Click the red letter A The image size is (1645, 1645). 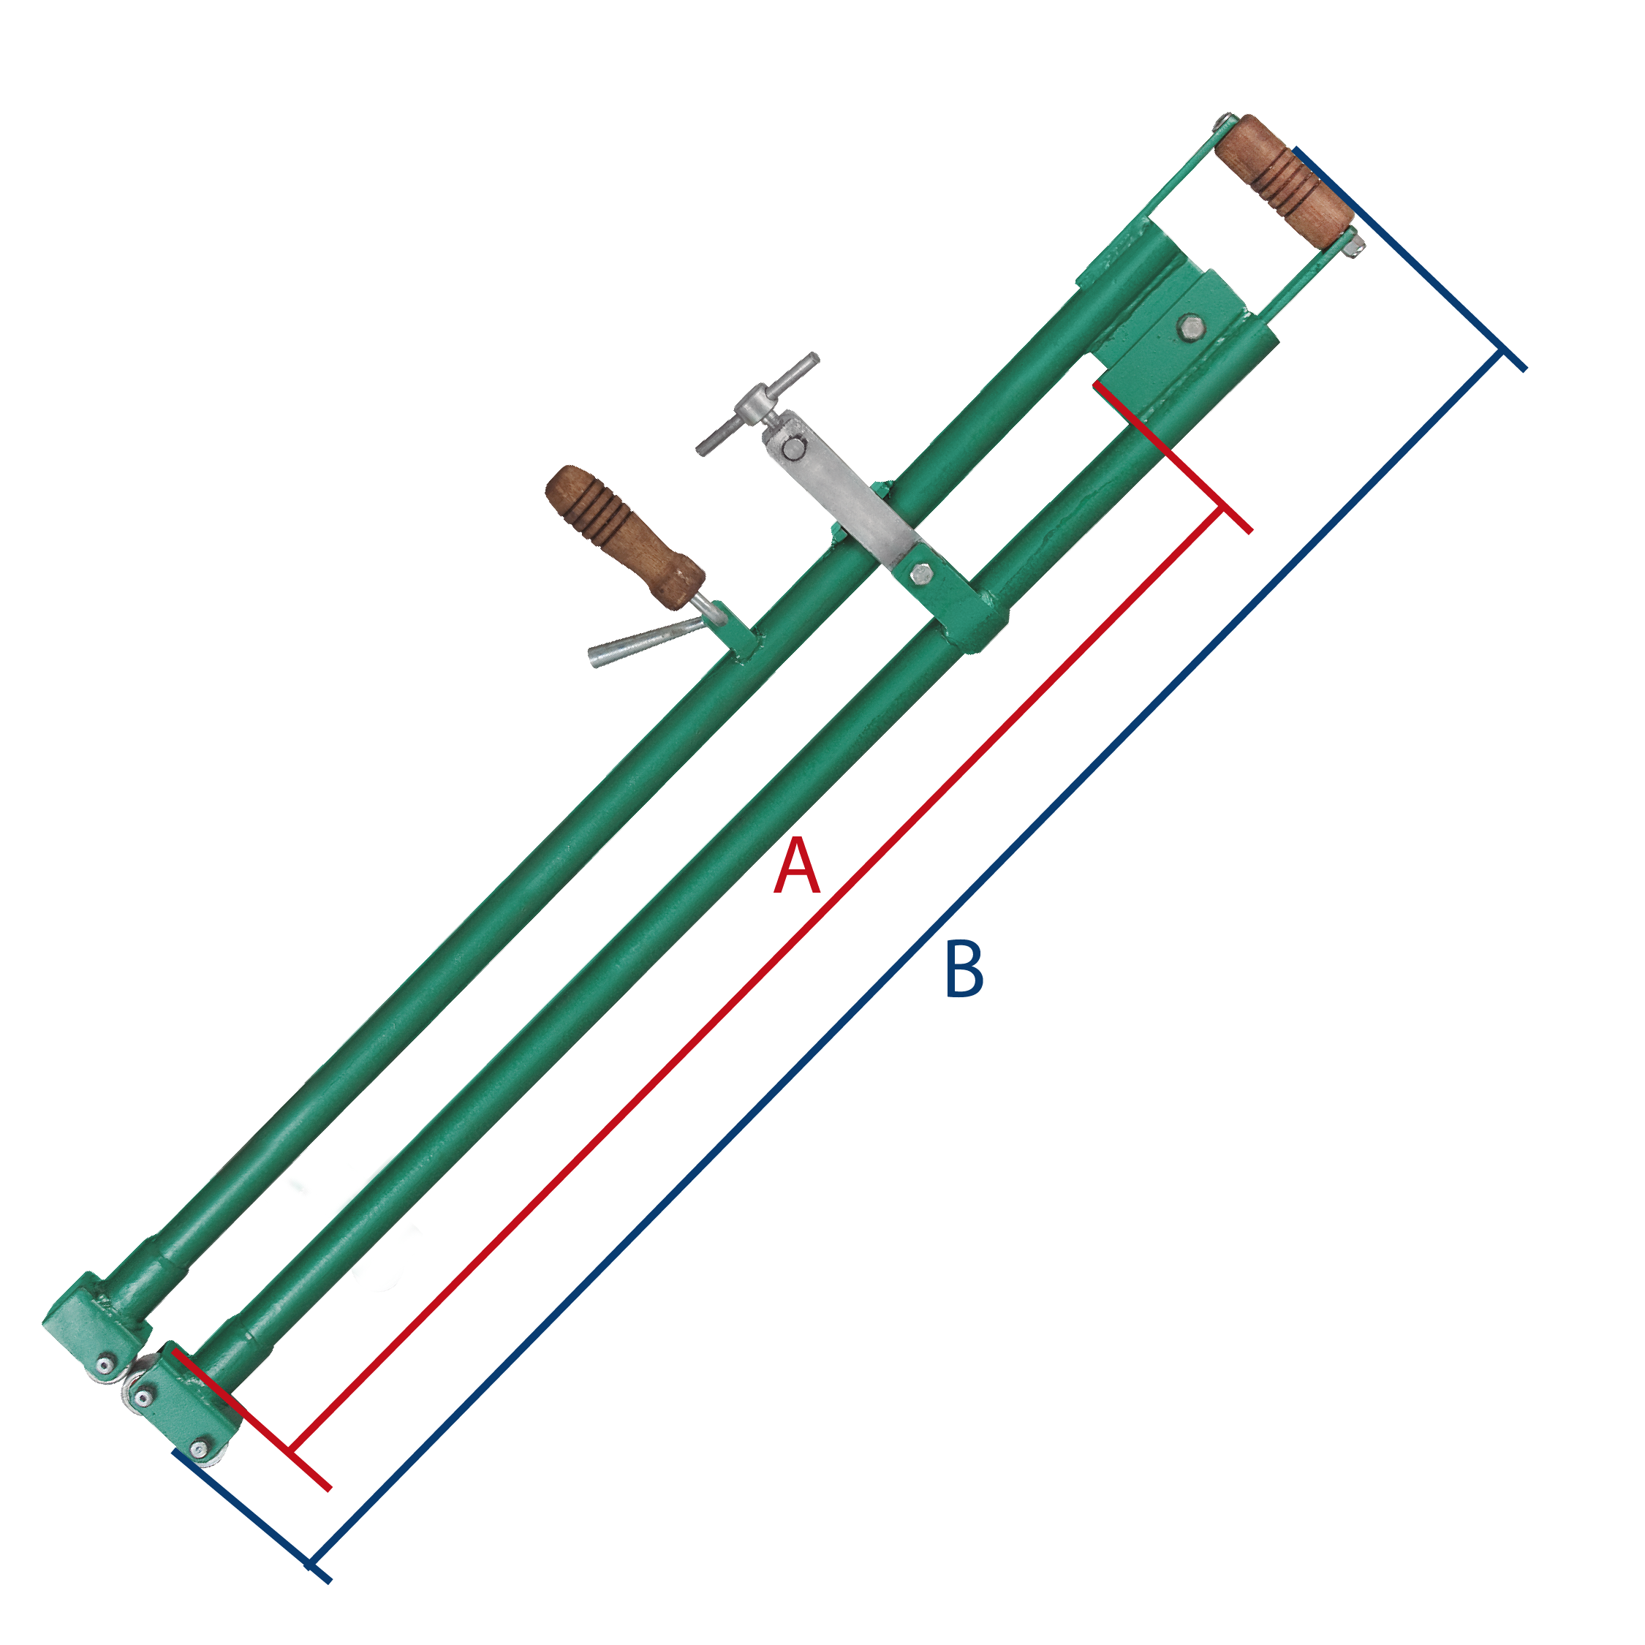pos(797,866)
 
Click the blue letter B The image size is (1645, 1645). pos(964,969)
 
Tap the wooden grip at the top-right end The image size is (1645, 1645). pos(1283,179)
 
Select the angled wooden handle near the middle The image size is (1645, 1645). pos(625,537)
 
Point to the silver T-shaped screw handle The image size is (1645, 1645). pos(757,404)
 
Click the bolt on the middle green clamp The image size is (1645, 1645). pos(920,574)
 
